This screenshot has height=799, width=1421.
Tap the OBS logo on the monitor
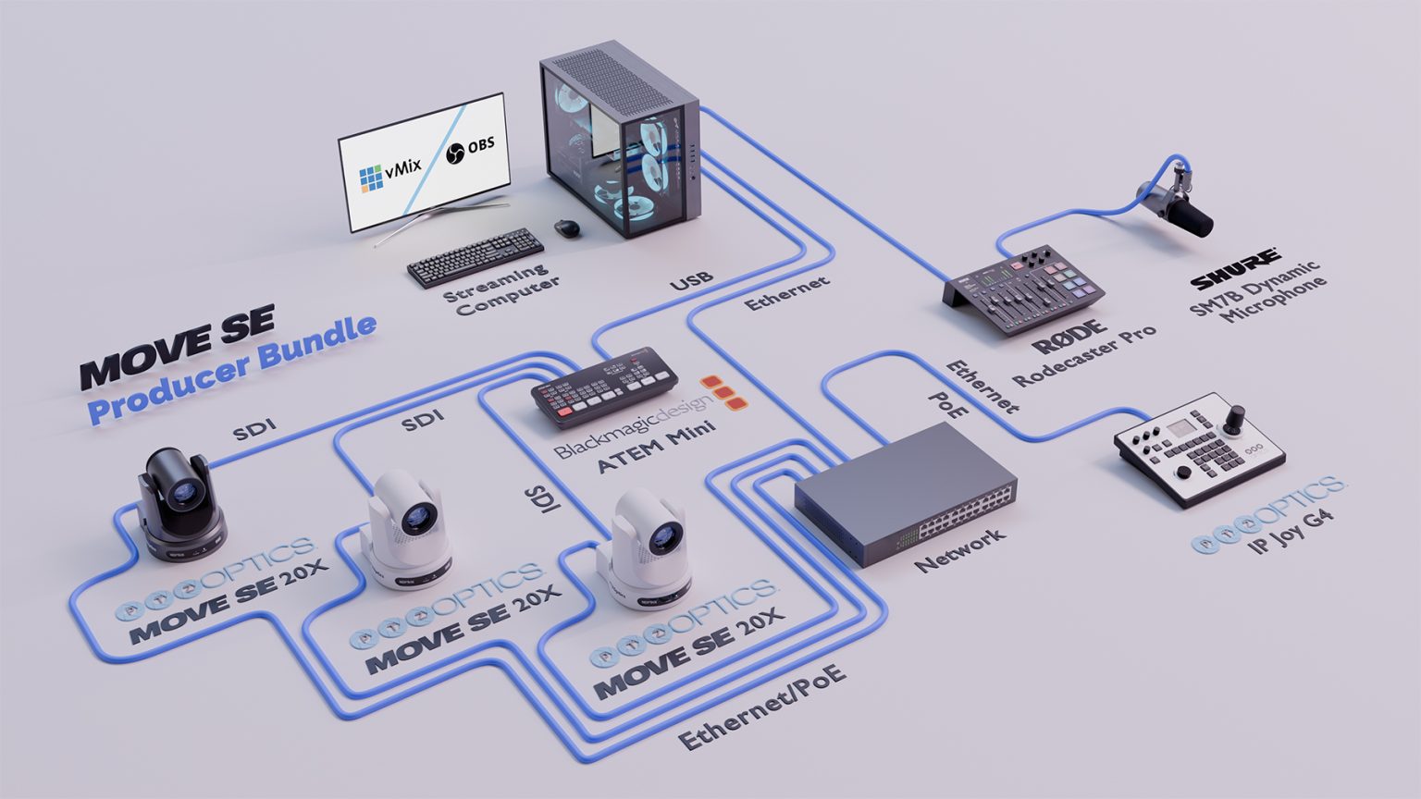[x=470, y=149]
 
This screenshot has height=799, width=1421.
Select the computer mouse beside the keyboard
[x=568, y=227]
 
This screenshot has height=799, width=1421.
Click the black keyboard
[x=476, y=256]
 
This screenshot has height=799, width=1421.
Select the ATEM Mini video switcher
[x=604, y=387]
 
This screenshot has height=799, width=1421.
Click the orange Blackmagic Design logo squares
[x=723, y=393]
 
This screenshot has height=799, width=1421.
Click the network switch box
[x=906, y=492]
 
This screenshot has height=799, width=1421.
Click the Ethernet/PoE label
[x=761, y=707]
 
